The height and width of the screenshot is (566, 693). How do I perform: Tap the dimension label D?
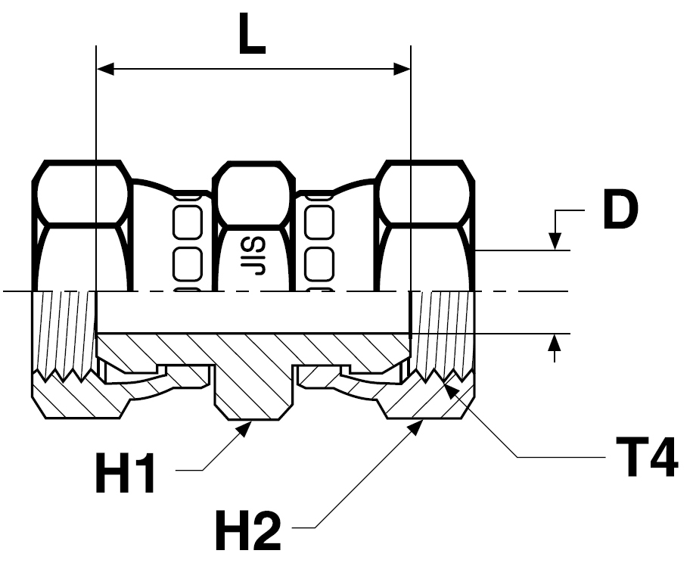pos(621,210)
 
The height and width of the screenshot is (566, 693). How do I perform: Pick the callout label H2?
pos(248,530)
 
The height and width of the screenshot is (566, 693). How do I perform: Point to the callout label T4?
pos(648,456)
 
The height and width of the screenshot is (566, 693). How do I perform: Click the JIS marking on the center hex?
pos(253,257)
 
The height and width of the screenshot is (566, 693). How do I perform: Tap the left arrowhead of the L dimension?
pos(106,69)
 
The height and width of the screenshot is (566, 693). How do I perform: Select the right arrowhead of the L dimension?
pos(402,69)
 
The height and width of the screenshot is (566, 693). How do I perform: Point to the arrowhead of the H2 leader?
pos(415,428)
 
